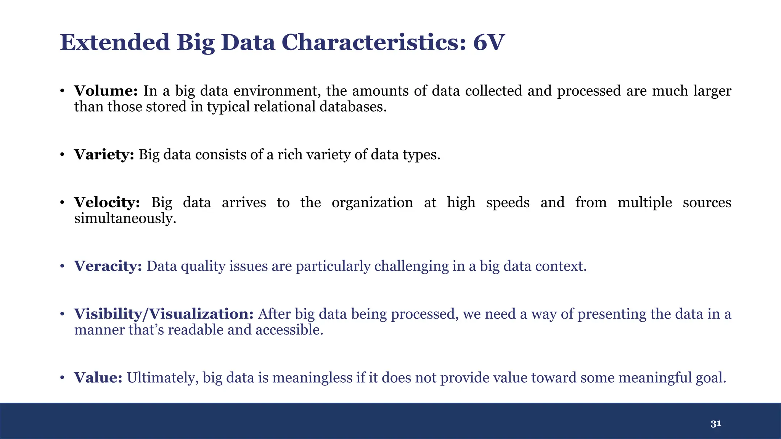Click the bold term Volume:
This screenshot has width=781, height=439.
pos(106,91)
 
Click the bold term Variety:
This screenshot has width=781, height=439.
pos(104,155)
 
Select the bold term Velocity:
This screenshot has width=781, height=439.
pos(107,202)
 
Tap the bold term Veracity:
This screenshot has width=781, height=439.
pos(108,266)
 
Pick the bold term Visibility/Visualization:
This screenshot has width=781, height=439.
pos(164,314)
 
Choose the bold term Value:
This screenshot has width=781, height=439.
pos(98,378)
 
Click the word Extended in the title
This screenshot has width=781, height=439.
pos(115,42)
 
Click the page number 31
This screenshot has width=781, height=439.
pos(716,424)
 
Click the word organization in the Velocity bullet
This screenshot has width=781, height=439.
pos(372,202)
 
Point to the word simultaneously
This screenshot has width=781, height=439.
pos(125,218)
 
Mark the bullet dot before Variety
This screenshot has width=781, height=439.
pos(62,155)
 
